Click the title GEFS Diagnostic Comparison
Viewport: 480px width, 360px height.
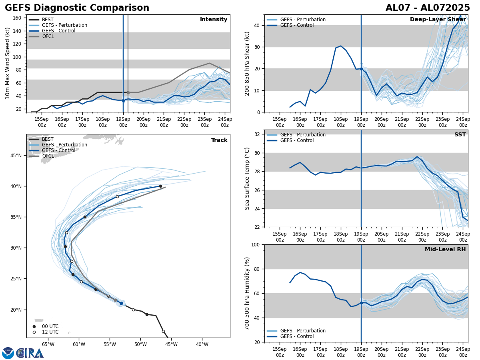(77, 8)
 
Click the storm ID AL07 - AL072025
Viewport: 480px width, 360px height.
(428, 8)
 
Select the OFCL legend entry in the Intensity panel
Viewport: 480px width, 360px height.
(48, 36)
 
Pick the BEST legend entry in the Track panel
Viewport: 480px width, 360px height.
(48, 139)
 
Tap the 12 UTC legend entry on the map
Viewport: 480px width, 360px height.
(50, 332)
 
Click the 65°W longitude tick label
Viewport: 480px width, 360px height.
(48, 344)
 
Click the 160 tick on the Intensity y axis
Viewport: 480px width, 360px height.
(18, 18)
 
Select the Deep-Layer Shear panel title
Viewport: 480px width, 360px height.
(438, 20)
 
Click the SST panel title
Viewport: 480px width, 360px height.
(460, 135)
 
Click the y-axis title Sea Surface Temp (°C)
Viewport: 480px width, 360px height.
(247, 178)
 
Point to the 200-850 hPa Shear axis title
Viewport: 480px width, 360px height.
(247, 64)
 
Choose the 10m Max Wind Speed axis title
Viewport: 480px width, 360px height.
(8, 63)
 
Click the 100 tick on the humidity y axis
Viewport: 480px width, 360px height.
(256, 244)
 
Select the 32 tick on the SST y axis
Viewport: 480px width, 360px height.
(258, 134)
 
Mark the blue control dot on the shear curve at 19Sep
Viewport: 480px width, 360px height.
(361, 69)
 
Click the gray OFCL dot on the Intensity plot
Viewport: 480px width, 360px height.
(128, 92)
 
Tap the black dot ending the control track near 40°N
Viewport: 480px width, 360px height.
(160, 186)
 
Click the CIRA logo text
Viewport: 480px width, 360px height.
(30, 353)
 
